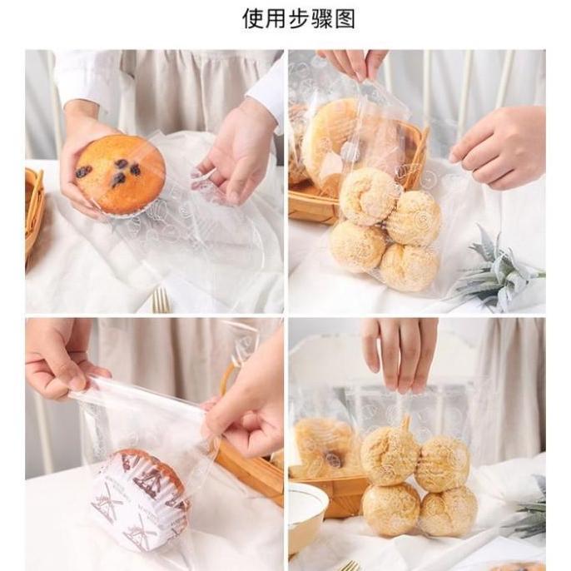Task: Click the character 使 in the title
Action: (253, 18)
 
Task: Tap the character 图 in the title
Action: (345, 18)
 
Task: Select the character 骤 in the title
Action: (314, 18)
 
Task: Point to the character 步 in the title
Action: (283, 18)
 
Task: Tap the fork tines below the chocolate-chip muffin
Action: (161, 300)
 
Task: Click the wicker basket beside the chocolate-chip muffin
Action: (34, 208)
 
